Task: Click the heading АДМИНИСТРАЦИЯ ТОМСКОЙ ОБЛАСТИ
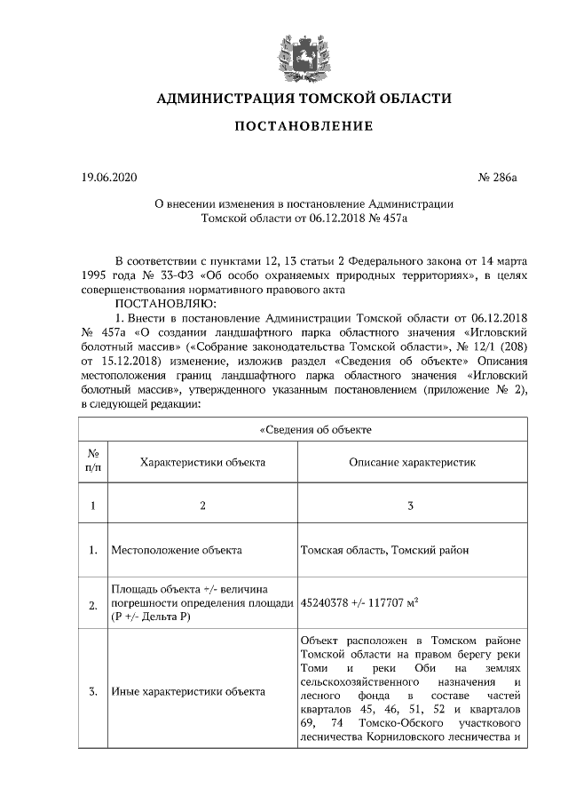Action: pyautogui.click(x=304, y=98)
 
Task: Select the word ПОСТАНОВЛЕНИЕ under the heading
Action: pyautogui.click(x=304, y=126)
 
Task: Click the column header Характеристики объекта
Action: pyautogui.click(x=202, y=463)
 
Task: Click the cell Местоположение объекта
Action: pyautogui.click(x=177, y=551)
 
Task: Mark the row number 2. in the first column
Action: pyautogui.click(x=93, y=605)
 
